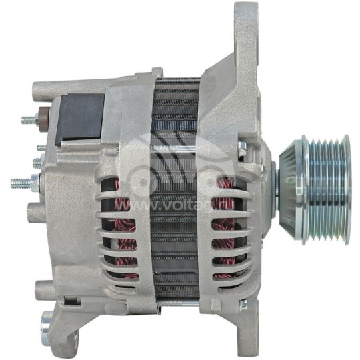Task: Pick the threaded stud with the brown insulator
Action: [30, 121]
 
